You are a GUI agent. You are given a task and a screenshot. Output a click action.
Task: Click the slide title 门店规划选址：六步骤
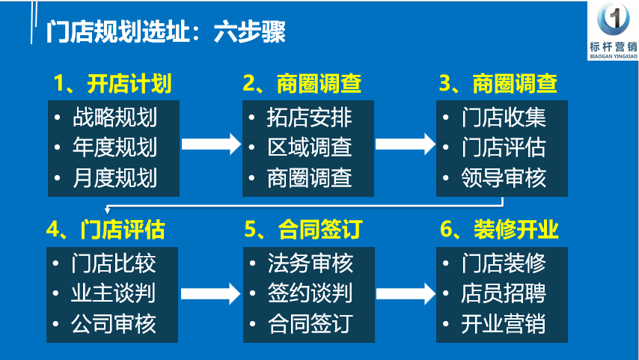pos(165,31)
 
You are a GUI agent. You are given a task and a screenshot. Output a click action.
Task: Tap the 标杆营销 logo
pos(613,31)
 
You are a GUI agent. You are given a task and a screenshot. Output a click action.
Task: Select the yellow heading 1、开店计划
pos(112,84)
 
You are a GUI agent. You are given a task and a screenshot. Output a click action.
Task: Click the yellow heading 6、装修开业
pos(499,229)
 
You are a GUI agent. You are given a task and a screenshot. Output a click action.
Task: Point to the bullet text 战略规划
pos(115,117)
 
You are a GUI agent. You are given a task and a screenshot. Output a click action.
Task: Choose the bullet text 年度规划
pos(115,147)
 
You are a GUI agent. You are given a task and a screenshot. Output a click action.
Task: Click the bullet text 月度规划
pos(115,178)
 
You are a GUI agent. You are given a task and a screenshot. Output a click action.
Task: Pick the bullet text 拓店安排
pos(309,117)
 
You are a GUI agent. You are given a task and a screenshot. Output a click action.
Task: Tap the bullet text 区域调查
pos(309,147)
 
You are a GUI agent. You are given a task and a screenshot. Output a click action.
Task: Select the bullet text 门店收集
pos(504,117)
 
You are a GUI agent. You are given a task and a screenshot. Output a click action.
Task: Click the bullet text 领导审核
pos(504,178)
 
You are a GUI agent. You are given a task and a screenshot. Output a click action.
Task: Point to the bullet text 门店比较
pos(113,263)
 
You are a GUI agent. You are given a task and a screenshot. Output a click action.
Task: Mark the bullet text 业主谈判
pos(113,293)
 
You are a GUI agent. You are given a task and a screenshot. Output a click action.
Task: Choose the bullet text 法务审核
pos(310,263)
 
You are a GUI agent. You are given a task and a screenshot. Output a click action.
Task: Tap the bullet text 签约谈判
pos(310,293)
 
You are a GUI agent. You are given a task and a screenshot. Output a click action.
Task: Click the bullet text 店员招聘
pos(504,293)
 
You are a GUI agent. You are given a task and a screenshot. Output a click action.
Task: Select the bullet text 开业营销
pos(504,324)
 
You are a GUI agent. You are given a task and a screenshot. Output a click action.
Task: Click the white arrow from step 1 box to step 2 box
pos(211,144)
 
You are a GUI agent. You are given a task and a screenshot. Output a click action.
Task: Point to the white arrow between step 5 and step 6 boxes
pos(406,293)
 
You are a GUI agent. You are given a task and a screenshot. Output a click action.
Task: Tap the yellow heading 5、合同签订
pos(304,229)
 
